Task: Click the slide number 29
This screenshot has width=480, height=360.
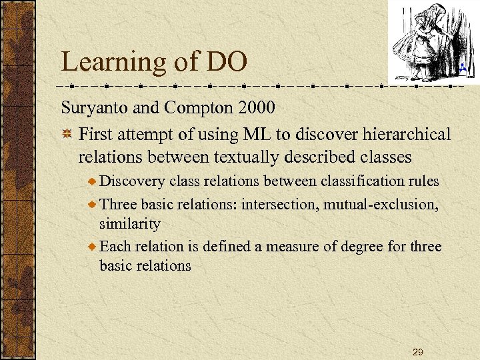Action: click(x=417, y=351)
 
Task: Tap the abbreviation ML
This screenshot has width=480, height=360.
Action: click(x=257, y=134)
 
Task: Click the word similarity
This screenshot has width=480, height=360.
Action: click(x=130, y=223)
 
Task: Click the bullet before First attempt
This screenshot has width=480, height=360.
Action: click(x=67, y=135)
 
